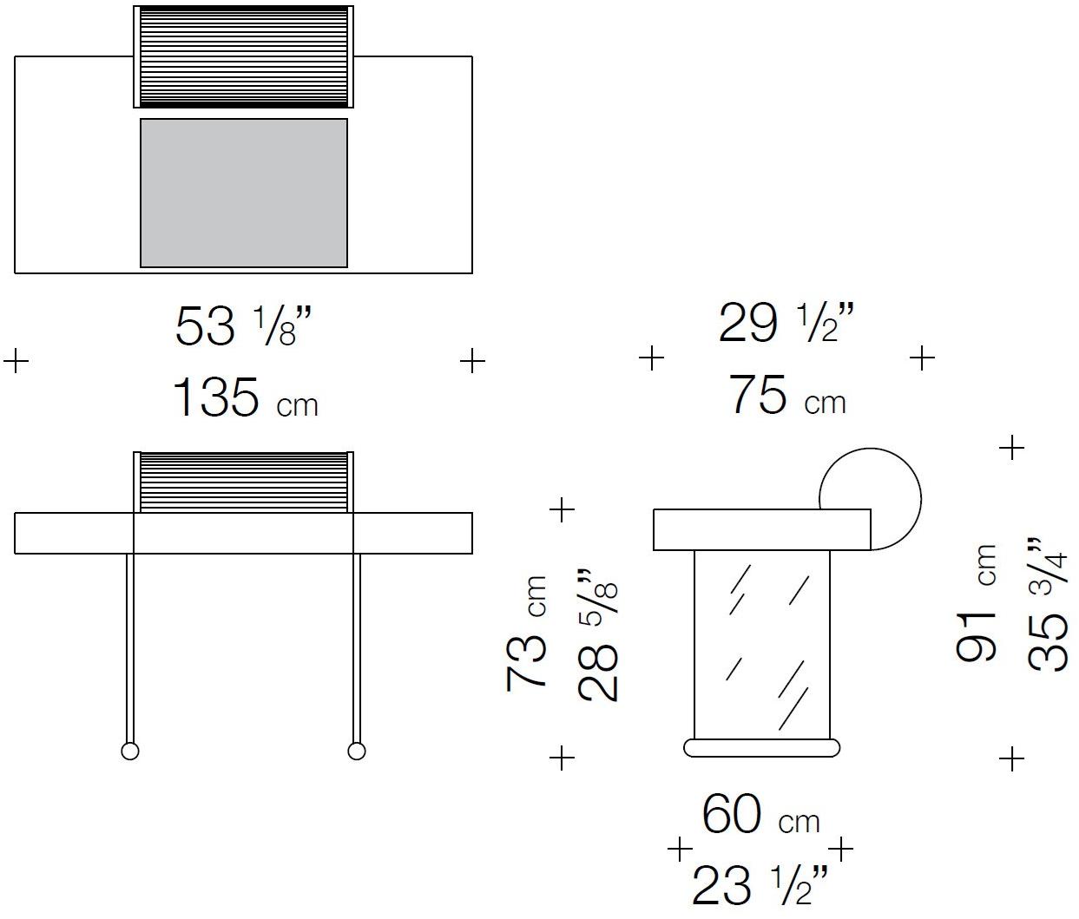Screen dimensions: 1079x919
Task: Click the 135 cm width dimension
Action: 245,397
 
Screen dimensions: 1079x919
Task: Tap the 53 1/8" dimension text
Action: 243,326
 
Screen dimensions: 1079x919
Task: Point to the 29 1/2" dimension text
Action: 786,324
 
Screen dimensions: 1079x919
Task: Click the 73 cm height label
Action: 526,633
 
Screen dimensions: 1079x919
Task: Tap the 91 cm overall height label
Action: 977,604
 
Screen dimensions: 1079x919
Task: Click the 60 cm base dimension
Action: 761,815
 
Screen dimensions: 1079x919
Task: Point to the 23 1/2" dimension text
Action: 760,886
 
